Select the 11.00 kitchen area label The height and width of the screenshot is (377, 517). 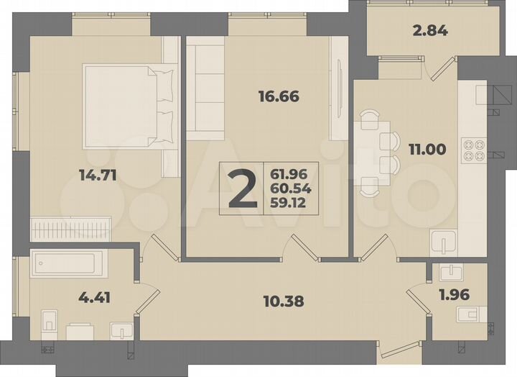[x=427, y=150]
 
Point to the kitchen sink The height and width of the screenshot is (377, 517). [x=444, y=242]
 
